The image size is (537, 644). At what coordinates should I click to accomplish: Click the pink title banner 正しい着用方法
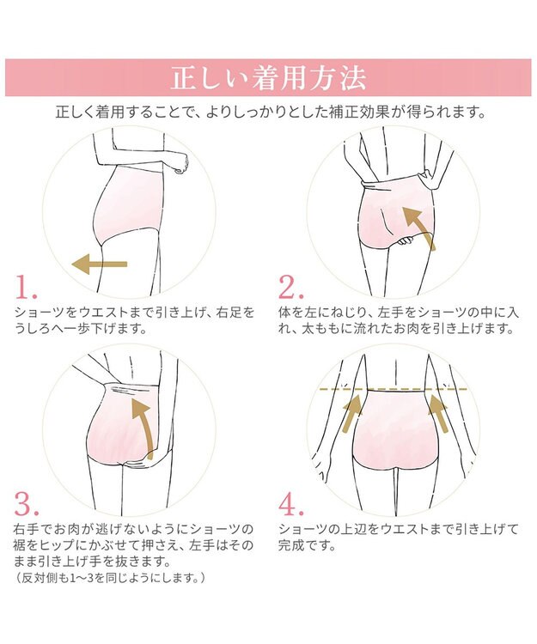coord(268,77)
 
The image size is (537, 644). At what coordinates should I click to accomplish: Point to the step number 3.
coord(27,504)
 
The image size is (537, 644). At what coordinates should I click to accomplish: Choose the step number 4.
coord(291,504)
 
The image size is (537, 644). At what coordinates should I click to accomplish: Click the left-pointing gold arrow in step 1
coord(100,264)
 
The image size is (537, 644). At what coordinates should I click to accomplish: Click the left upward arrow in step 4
coord(352,413)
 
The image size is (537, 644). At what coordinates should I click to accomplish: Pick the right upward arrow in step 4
coord(438,413)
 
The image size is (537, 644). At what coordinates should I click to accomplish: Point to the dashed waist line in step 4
coord(394,388)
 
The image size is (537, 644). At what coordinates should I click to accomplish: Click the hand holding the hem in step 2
coord(406,241)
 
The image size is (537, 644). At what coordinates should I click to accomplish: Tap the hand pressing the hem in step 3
coord(137,463)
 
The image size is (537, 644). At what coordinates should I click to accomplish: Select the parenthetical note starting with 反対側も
coord(110,578)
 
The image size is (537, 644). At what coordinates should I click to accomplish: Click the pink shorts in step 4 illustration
coord(396,429)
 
